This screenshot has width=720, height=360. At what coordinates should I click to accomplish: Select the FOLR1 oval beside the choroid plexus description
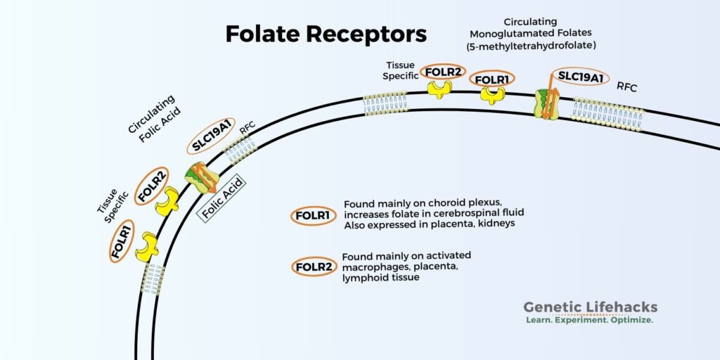click(313, 216)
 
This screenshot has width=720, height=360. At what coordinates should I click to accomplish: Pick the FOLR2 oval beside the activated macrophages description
click(313, 267)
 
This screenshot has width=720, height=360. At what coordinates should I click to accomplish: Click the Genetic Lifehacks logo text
click(590, 307)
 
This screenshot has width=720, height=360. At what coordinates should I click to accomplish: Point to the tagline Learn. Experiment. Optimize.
click(590, 320)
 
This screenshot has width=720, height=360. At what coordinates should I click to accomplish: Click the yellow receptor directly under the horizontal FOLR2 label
click(441, 89)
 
